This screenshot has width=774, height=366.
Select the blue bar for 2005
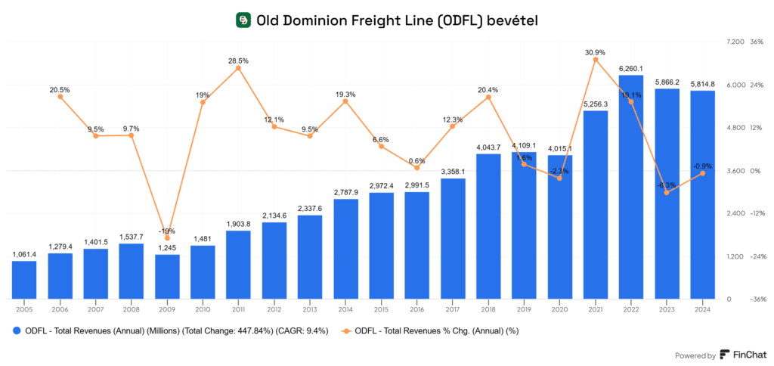(x=24, y=280)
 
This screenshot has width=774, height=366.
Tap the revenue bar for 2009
(x=167, y=277)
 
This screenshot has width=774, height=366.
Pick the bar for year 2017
(x=453, y=239)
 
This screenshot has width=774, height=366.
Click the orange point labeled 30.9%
(x=596, y=59)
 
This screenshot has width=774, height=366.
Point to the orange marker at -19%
(x=167, y=238)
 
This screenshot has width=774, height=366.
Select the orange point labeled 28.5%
(x=238, y=68)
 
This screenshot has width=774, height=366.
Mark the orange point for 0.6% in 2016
(x=417, y=168)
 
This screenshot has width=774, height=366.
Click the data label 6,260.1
(x=631, y=69)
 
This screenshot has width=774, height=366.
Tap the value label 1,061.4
(x=24, y=254)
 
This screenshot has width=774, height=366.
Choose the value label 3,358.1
(x=453, y=172)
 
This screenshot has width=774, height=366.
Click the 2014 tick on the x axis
(x=345, y=309)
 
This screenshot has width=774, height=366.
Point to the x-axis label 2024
(x=702, y=309)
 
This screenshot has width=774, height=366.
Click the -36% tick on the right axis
(x=757, y=299)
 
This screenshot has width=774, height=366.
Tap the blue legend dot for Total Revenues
(x=16, y=330)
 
